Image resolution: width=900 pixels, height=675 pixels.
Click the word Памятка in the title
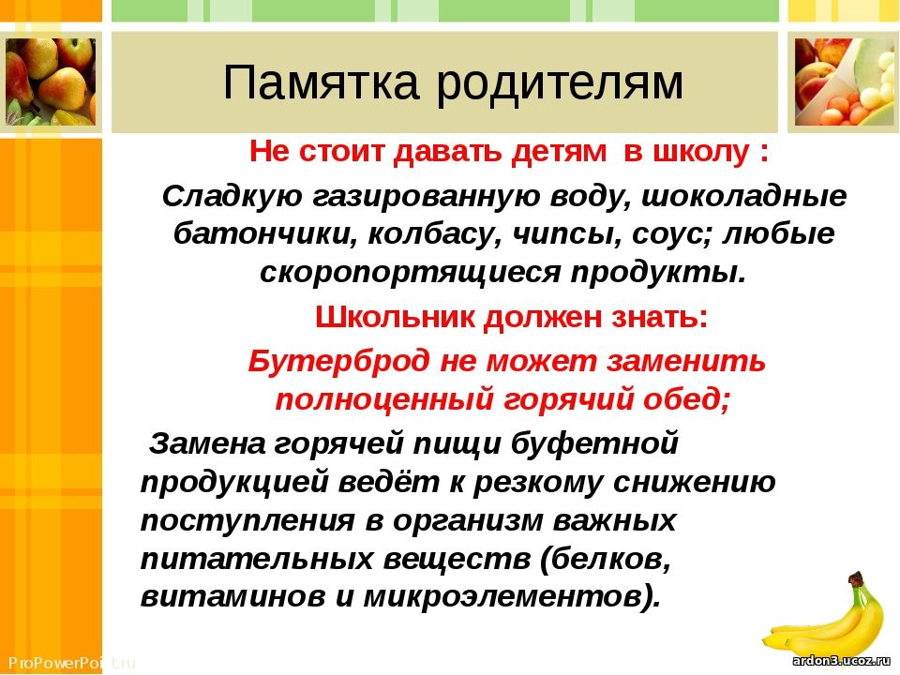tap(321, 82)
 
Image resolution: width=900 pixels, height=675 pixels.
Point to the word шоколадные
tap(743, 197)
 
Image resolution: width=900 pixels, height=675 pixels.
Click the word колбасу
tap(434, 234)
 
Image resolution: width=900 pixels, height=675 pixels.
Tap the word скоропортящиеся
tap(410, 272)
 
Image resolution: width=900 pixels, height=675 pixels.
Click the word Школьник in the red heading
tap(395, 317)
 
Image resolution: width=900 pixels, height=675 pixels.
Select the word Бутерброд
tap(338, 362)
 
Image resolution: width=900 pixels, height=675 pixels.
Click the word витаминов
tap(232, 597)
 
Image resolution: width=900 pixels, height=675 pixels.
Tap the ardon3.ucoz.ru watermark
tap(841, 661)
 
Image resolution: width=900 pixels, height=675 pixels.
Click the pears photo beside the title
tap(51, 82)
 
